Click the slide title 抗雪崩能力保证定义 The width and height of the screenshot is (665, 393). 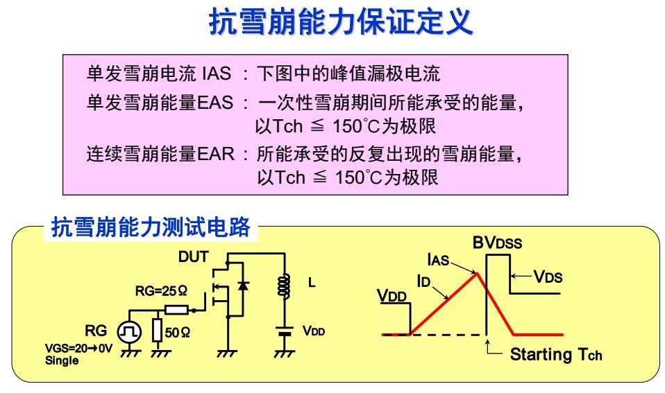[340, 22]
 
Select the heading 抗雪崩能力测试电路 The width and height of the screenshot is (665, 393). [151, 227]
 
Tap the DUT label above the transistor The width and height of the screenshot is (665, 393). [193, 256]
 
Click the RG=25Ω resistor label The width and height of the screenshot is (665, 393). [161, 291]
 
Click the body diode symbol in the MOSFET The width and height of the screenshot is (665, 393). [242, 286]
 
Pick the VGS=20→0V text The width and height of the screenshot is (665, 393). [78, 349]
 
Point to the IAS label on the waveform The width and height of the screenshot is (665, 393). [438, 261]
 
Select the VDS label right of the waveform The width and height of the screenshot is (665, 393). [548, 277]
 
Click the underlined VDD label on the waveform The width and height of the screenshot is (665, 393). [393, 296]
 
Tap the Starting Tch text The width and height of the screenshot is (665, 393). [556, 355]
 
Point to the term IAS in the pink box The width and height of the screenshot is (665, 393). [216, 73]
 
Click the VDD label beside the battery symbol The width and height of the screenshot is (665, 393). [313, 331]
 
